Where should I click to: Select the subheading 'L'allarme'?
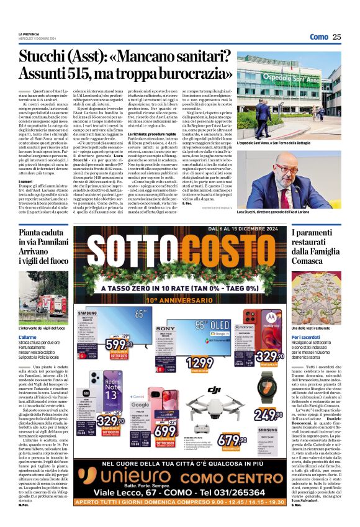click(x=28, y=336)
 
